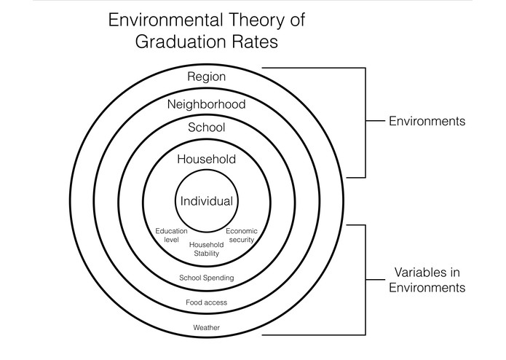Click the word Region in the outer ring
207,77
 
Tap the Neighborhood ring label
207,104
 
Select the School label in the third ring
207,128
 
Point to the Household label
207,159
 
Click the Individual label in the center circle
207,201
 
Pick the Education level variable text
172,235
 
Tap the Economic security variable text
241,235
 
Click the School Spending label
207,278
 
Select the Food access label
207,302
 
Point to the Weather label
207,328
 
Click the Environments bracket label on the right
427,122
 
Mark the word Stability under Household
206,254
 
